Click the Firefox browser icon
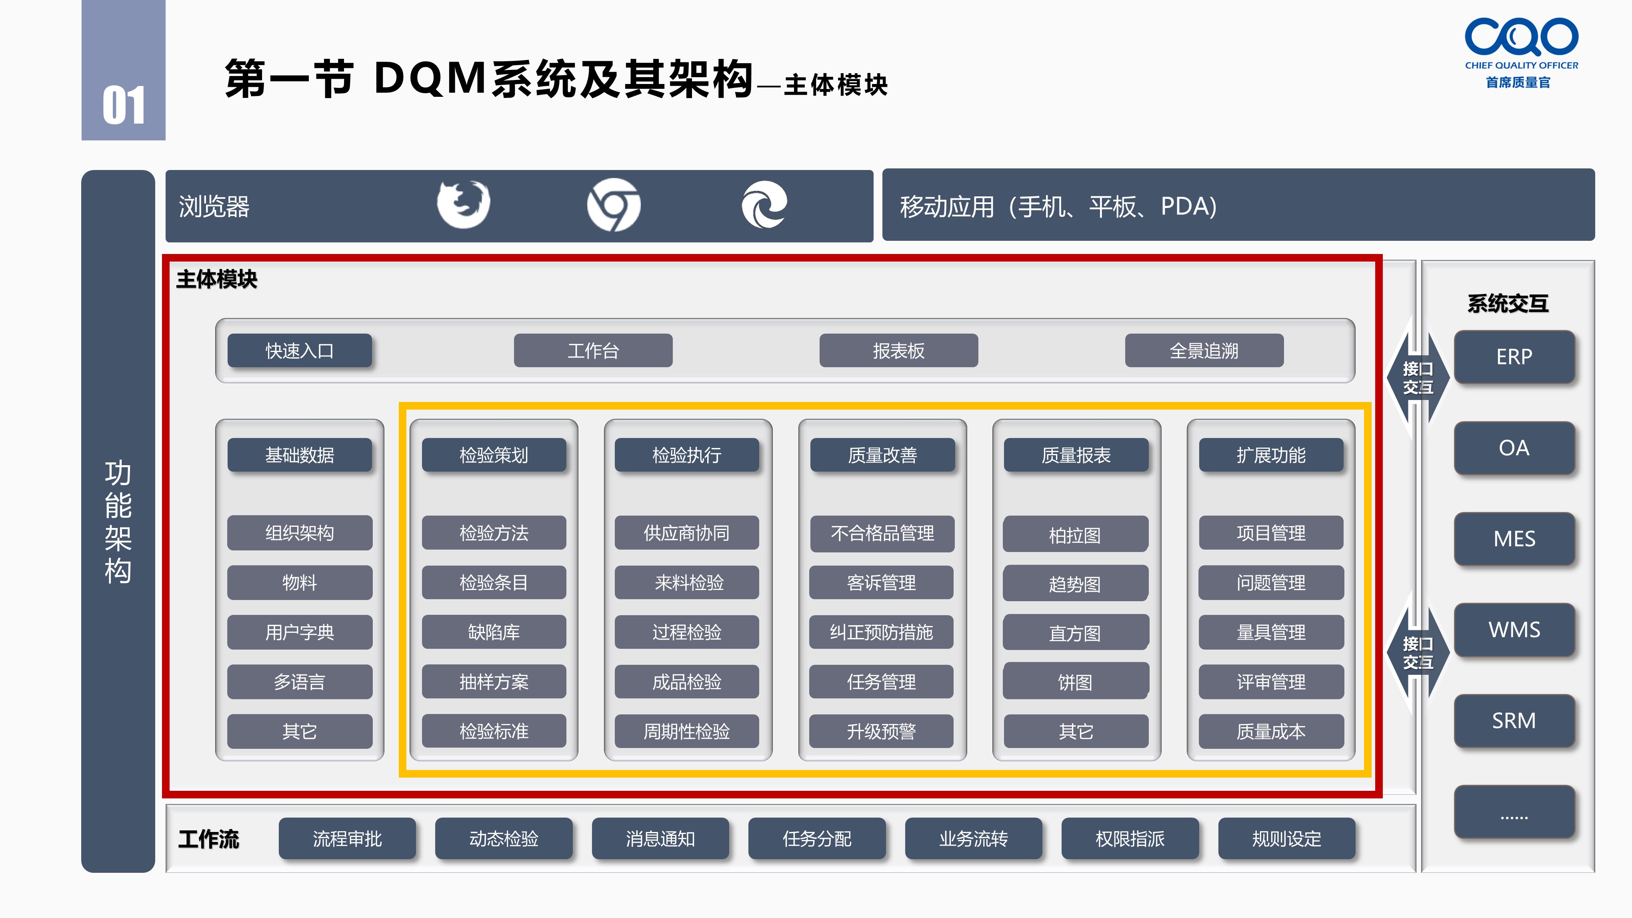click(463, 204)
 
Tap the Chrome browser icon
click(613, 205)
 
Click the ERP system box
click(1514, 357)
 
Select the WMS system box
click(1514, 630)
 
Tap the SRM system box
click(1514, 721)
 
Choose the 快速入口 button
click(300, 350)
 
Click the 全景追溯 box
click(1204, 350)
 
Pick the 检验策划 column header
click(494, 455)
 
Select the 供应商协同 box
click(687, 533)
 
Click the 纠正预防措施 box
click(881, 632)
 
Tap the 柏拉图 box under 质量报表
click(1075, 534)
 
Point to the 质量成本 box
click(1271, 732)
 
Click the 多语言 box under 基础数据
click(300, 682)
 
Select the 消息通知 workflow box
click(660, 839)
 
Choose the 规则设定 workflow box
click(1287, 839)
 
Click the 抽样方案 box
click(494, 682)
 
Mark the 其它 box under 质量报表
click(1076, 732)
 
